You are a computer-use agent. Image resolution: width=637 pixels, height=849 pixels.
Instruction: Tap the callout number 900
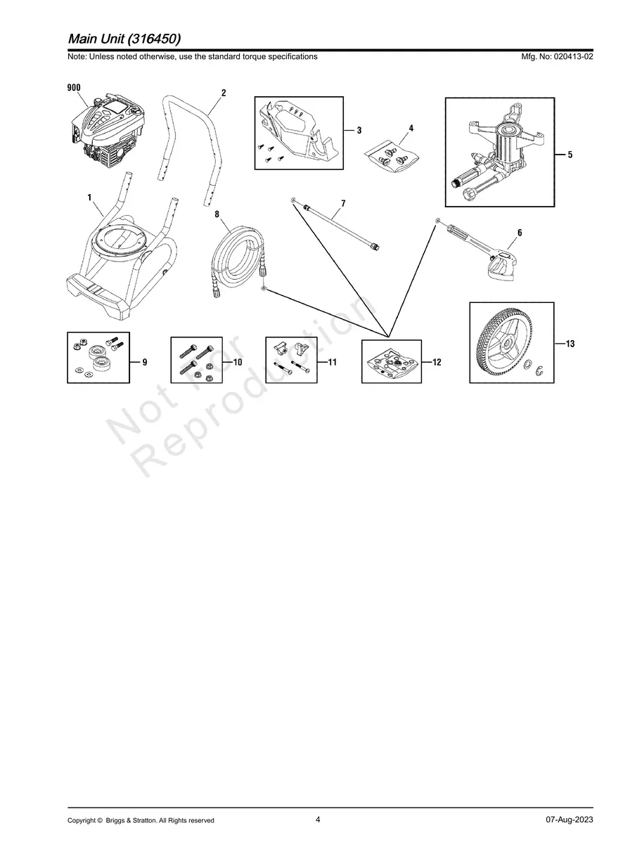click(73, 88)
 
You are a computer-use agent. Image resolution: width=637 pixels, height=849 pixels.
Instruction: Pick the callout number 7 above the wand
click(342, 204)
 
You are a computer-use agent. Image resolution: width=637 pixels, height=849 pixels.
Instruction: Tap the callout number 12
click(437, 363)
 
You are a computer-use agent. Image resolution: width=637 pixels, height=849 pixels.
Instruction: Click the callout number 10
click(238, 363)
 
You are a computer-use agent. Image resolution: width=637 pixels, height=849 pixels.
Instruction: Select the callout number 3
click(359, 131)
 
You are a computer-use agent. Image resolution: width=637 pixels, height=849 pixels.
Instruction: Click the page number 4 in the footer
click(318, 819)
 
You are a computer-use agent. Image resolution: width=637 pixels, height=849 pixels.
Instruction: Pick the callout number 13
click(570, 344)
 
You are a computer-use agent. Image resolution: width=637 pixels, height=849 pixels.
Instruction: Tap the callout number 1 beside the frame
click(90, 198)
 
